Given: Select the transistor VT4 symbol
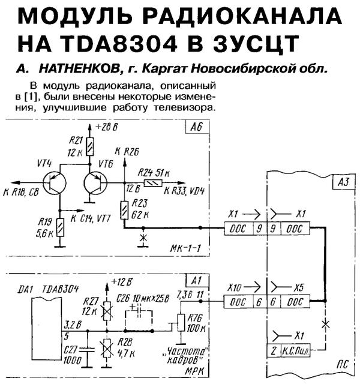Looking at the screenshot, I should point(55,184).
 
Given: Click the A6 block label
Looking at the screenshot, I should point(195,128).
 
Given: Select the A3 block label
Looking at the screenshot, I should point(341,180).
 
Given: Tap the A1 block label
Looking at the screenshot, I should point(195,280).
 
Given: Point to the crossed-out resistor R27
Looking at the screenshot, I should point(108,311).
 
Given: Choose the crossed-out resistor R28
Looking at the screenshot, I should point(108,347).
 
